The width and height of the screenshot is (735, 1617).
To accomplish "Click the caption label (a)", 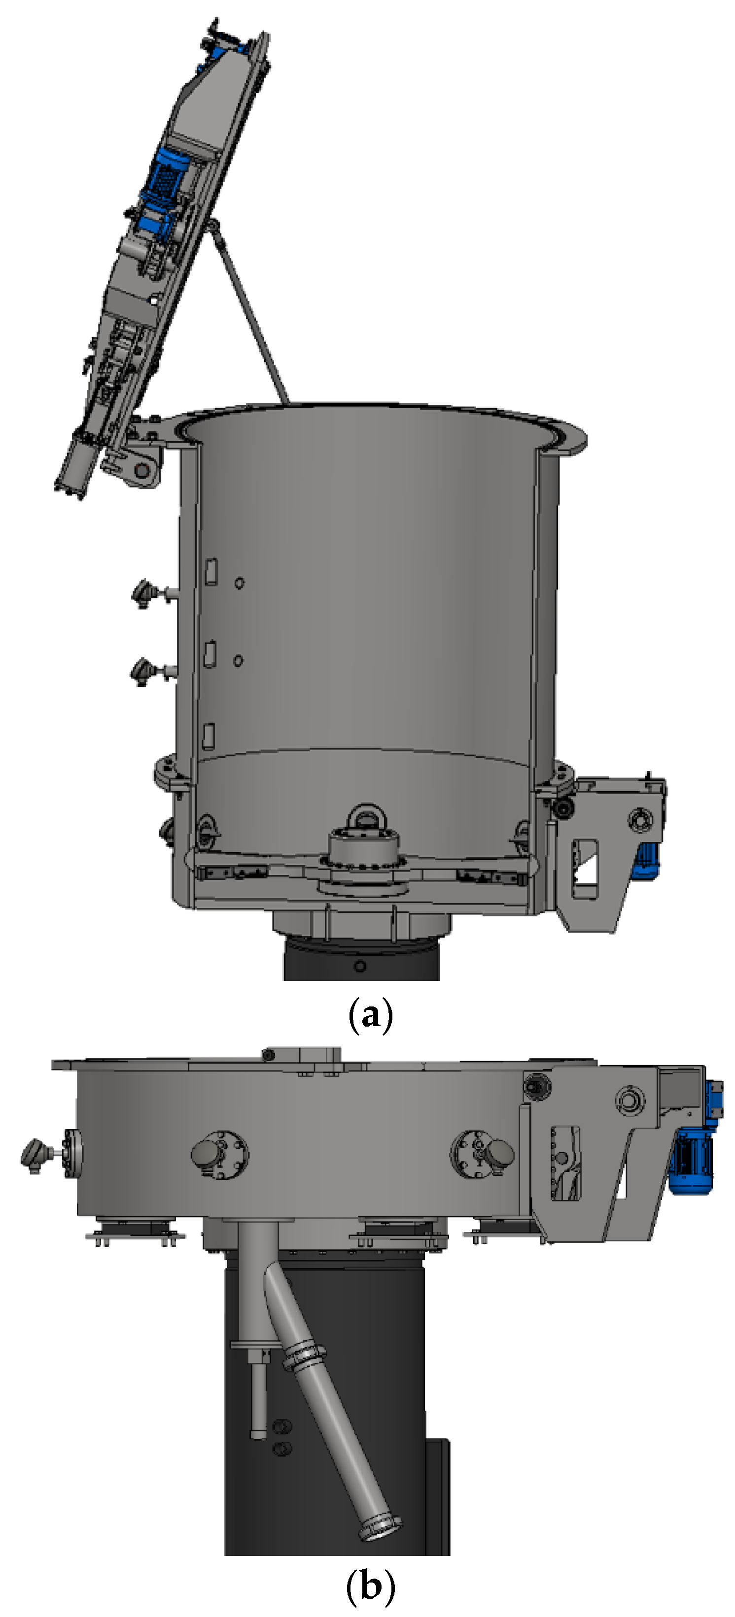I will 370,1015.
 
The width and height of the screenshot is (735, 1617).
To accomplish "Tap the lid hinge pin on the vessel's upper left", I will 144,469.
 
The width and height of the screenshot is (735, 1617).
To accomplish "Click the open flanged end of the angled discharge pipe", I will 381,1528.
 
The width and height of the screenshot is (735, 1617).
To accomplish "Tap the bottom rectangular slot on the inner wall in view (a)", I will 208,736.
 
